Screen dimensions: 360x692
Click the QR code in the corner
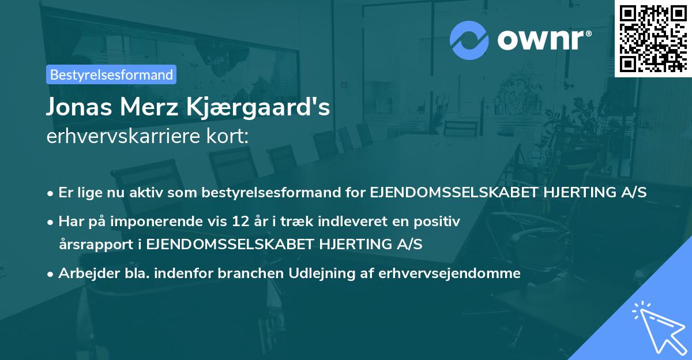[x=653, y=38]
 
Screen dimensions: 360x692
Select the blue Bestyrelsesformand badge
[x=111, y=74]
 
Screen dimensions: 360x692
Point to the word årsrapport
[x=92, y=244]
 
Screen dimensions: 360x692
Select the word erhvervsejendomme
[x=449, y=273]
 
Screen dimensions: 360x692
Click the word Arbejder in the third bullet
[x=83, y=273]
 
